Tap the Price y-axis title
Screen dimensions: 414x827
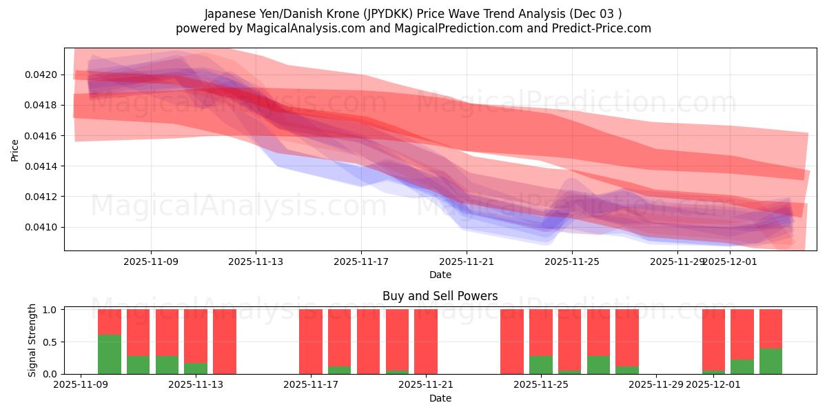click(14, 150)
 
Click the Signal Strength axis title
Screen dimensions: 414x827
click(32, 342)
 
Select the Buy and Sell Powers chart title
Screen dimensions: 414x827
click(440, 296)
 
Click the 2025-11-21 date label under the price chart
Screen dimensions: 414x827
click(467, 262)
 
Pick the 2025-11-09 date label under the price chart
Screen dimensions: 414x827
click(151, 262)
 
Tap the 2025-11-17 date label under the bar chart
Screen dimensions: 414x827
click(311, 385)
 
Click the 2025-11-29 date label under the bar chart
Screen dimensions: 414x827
click(655, 385)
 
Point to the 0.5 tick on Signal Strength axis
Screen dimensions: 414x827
click(52, 342)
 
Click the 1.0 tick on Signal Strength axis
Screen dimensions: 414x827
click(52, 310)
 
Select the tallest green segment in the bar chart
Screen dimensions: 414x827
click(110, 355)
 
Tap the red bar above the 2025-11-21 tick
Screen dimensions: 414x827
click(426, 342)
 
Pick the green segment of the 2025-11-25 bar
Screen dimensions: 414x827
click(541, 365)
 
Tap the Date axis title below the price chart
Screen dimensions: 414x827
click(440, 275)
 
